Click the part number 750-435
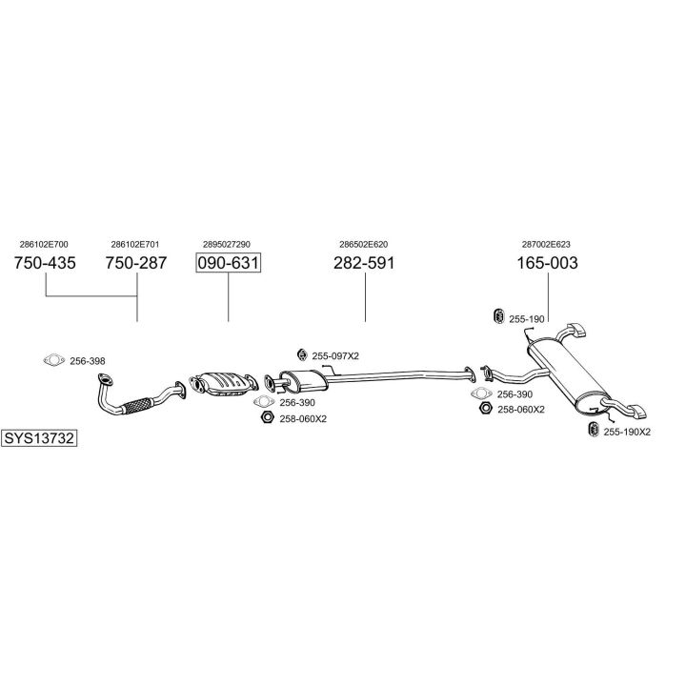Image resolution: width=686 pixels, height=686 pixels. click(x=45, y=263)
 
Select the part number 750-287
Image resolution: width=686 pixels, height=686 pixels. click(x=135, y=263)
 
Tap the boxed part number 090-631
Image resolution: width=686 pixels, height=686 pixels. click(x=228, y=263)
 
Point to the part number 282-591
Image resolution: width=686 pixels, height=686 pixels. click(x=364, y=263)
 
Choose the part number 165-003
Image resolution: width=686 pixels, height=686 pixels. click(x=547, y=263)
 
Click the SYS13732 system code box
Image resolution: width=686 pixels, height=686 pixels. click(x=39, y=438)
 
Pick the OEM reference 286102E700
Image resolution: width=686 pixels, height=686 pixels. click(x=44, y=244)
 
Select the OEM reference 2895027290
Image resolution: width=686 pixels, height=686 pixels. click(x=227, y=244)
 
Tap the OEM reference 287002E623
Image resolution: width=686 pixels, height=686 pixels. click(x=546, y=244)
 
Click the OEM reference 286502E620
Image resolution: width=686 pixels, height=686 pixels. click(x=363, y=244)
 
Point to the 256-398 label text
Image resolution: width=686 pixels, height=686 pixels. click(x=88, y=361)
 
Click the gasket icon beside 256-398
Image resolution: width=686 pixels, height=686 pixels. click(x=53, y=360)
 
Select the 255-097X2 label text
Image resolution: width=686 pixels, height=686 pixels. click(x=335, y=355)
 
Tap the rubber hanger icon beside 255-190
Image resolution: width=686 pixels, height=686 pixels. click(x=496, y=317)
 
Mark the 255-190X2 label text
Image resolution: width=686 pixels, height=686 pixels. click(x=627, y=432)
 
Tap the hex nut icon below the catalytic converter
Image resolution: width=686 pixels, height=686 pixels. click(x=265, y=418)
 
